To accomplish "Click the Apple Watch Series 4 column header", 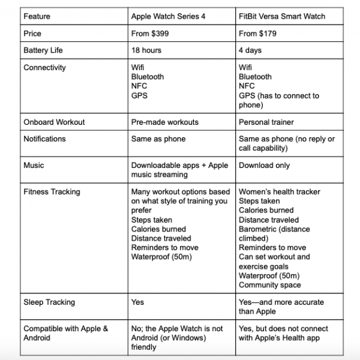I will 168,16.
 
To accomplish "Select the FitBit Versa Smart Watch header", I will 282,16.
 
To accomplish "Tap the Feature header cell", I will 37,16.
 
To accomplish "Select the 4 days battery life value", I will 251,51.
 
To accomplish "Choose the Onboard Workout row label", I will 54,122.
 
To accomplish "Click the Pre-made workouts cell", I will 164,122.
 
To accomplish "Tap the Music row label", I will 34,165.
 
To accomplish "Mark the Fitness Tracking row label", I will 52,192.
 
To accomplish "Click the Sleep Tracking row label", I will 49,302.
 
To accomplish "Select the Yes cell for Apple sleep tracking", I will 137,302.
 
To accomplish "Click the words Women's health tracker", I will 280,192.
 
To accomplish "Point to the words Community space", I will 270,285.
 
